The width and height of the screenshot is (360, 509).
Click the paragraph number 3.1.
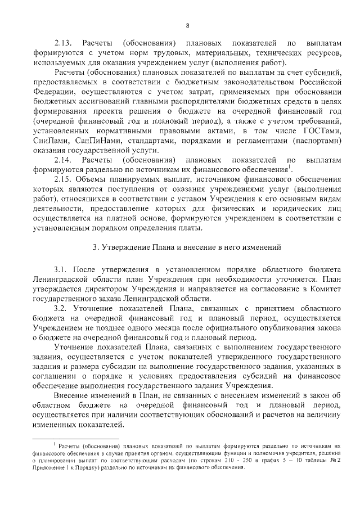[60, 271]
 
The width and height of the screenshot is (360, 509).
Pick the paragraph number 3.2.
[60, 310]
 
